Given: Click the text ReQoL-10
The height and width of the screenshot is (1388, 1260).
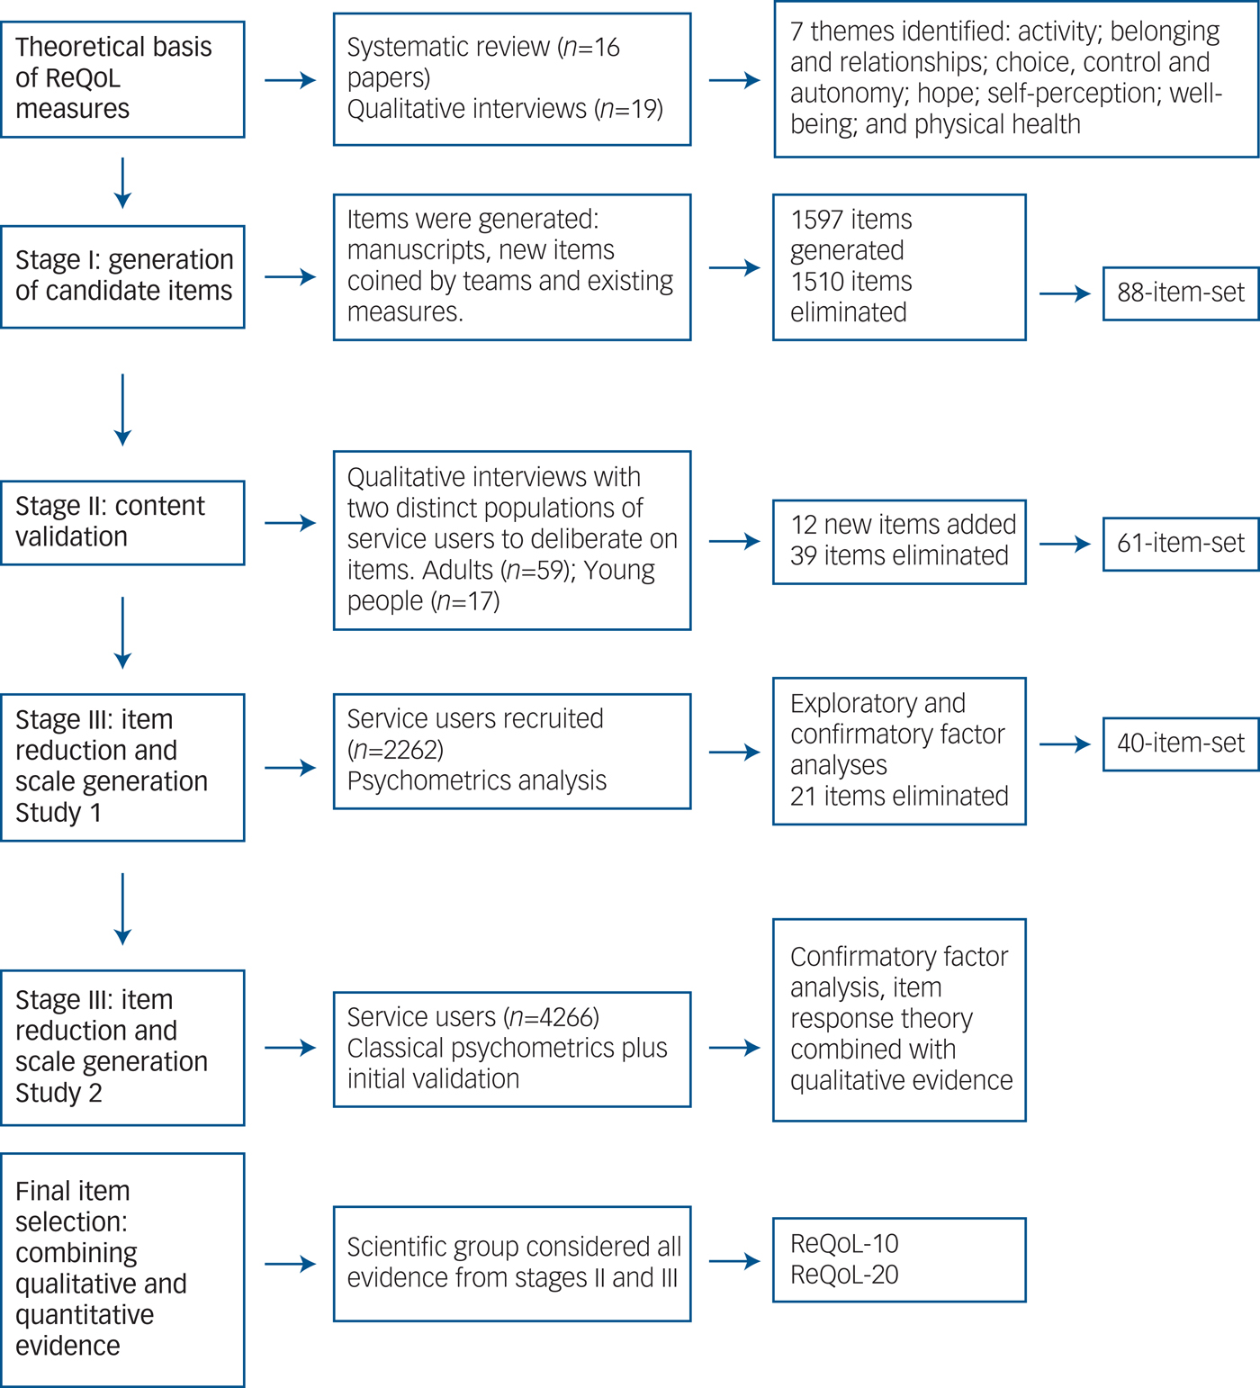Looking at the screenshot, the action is (x=844, y=1244).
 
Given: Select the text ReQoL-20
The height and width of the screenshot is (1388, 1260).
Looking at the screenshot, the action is (x=844, y=1275).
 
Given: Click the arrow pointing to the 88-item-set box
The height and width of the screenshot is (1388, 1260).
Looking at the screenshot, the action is (x=1065, y=293).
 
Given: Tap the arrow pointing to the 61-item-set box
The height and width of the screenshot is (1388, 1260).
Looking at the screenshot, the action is (x=1065, y=544).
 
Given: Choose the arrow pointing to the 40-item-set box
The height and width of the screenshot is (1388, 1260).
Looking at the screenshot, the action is (x=1065, y=744).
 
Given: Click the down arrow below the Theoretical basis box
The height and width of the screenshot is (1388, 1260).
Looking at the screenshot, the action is (x=123, y=184).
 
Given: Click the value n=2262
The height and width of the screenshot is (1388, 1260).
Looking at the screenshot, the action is (x=396, y=750).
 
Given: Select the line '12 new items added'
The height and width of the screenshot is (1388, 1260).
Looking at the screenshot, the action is (x=904, y=525).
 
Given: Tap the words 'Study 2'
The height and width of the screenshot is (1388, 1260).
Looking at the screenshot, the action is (x=58, y=1093).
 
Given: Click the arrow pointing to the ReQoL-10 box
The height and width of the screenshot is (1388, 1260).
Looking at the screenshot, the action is (x=734, y=1261).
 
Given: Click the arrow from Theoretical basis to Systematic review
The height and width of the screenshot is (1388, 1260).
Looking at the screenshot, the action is (x=290, y=81).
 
